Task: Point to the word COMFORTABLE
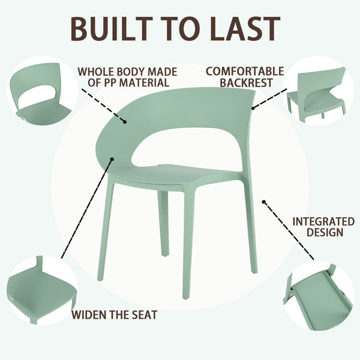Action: tap(244, 71)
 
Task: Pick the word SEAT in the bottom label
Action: tap(145, 315)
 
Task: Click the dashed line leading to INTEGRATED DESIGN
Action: tap(288, 231)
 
